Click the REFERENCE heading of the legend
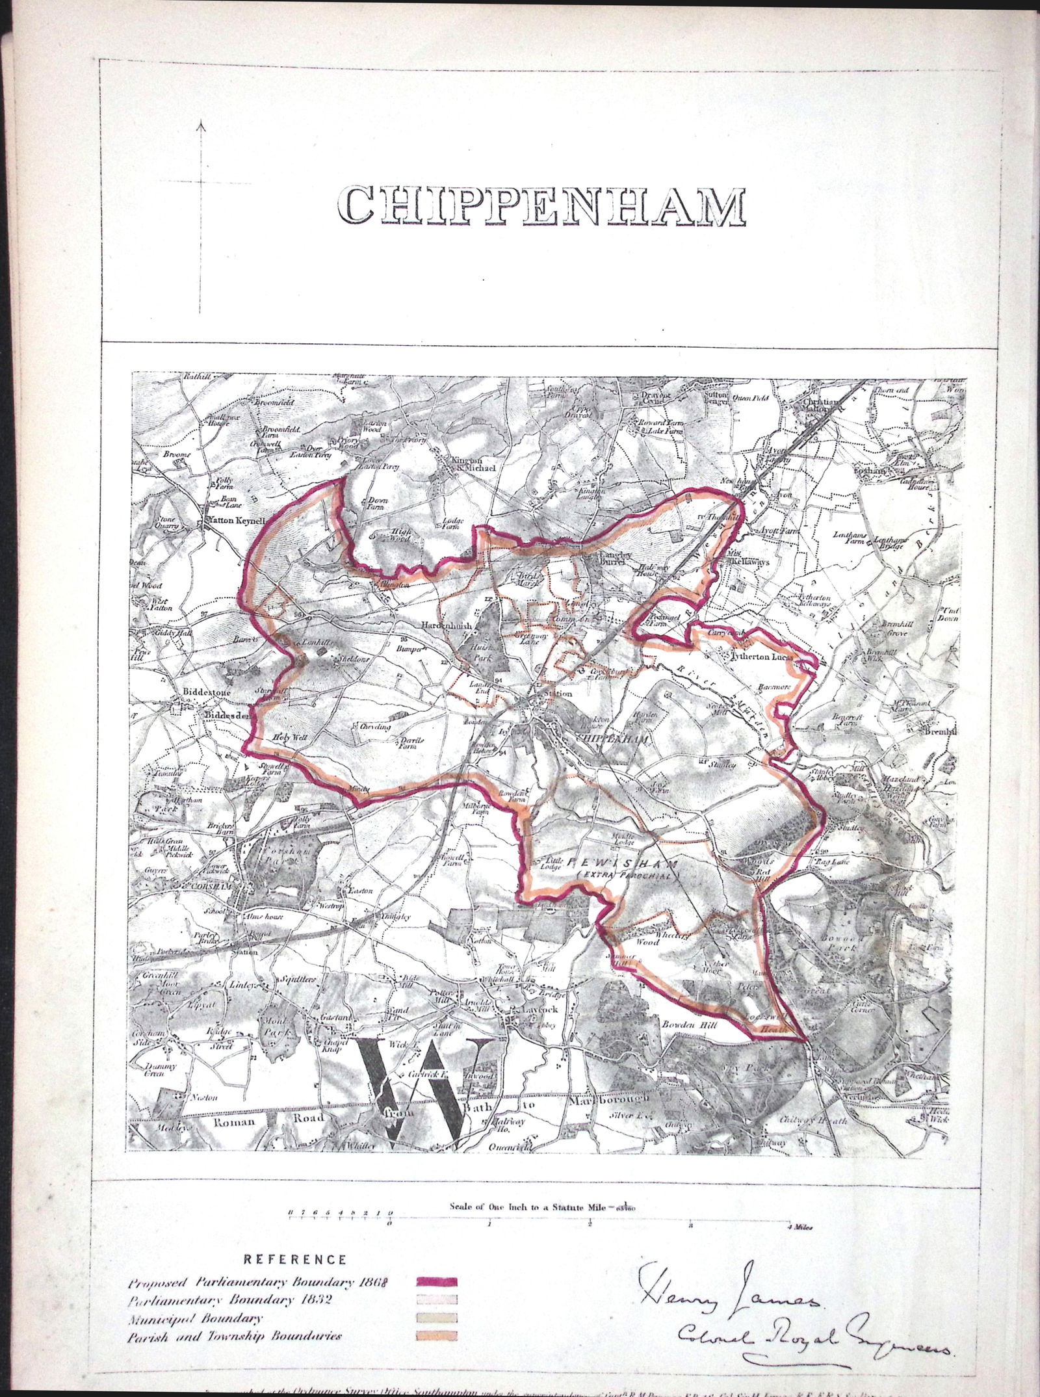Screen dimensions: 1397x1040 (294, 1259)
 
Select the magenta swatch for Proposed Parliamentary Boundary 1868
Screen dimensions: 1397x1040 (435, 1282)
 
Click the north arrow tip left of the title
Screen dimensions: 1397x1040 (203, 122)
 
